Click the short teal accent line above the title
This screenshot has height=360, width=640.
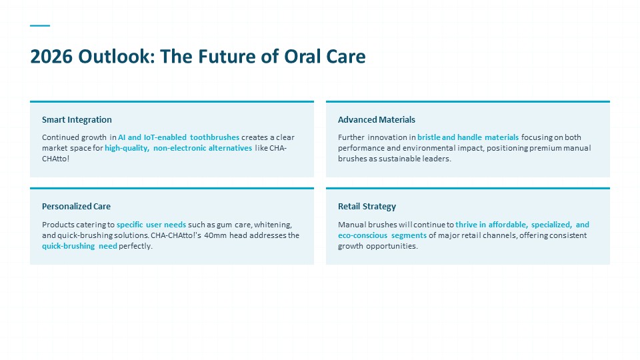click(x=40, y=26)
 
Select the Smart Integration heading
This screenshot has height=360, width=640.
click(x=77, y=119)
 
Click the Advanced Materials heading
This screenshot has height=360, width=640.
click(x=376, y=119)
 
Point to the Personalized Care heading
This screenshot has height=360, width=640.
click(x=76, y=207)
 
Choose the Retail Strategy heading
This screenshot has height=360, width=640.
click(x=367, y=207)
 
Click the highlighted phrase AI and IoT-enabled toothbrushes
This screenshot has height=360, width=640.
click(x=179, y=137)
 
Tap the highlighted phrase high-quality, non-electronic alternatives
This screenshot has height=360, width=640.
click(x=179, y=148)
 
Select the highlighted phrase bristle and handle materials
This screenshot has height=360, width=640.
click(x=468, y=137)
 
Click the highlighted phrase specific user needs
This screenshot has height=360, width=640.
click(x=151, y=225)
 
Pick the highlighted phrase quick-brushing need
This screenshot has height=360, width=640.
click(x=79, y=246)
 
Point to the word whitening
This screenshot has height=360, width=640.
click(x=273, y=225)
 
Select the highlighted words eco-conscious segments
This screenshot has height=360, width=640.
click(x=382, y=235)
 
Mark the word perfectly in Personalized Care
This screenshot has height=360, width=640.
click(x=135, y=246)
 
